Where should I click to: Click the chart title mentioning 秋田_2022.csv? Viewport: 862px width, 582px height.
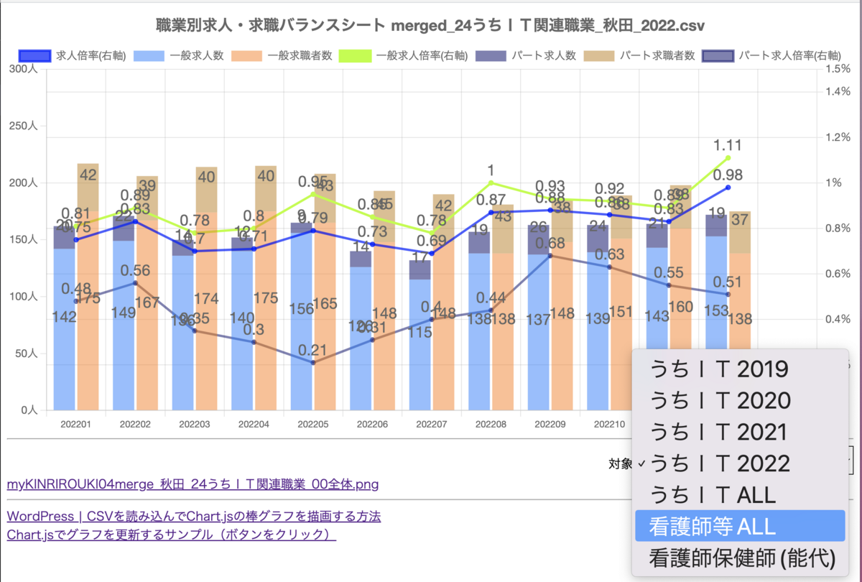[x=430, y=26]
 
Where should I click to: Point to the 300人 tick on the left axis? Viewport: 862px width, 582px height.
[x=27, y=69]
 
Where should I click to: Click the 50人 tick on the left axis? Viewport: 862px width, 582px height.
[x=29, y=354]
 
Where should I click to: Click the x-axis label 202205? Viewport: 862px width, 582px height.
[x=312, y=425]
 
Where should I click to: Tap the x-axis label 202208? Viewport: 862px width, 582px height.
[x=491, y=425]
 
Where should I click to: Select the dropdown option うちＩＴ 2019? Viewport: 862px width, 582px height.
[x=718, y=369]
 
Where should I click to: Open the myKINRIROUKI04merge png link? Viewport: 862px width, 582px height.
[x=193, y=484]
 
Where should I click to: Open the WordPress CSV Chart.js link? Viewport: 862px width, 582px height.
[x=193, y=517]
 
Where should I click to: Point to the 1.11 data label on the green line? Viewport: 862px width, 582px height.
[x=728, y=144]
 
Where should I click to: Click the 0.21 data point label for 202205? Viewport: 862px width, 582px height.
[x=312, y=351]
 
